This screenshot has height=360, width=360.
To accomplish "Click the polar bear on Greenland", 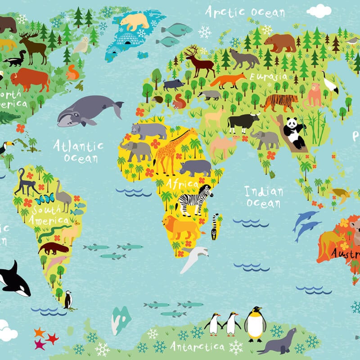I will (134, 21).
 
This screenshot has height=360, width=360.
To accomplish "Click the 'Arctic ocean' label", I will (245, 12).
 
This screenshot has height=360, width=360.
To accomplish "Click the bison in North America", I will (30, 79).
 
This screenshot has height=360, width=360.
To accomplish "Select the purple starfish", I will (40, 344).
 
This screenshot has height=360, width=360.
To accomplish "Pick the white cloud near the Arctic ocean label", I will (319, 10).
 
